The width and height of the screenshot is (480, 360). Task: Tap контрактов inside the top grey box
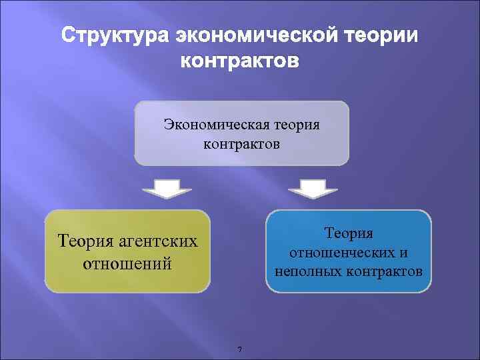[241, 144]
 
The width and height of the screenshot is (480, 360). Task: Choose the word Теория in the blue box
[349, 233]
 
